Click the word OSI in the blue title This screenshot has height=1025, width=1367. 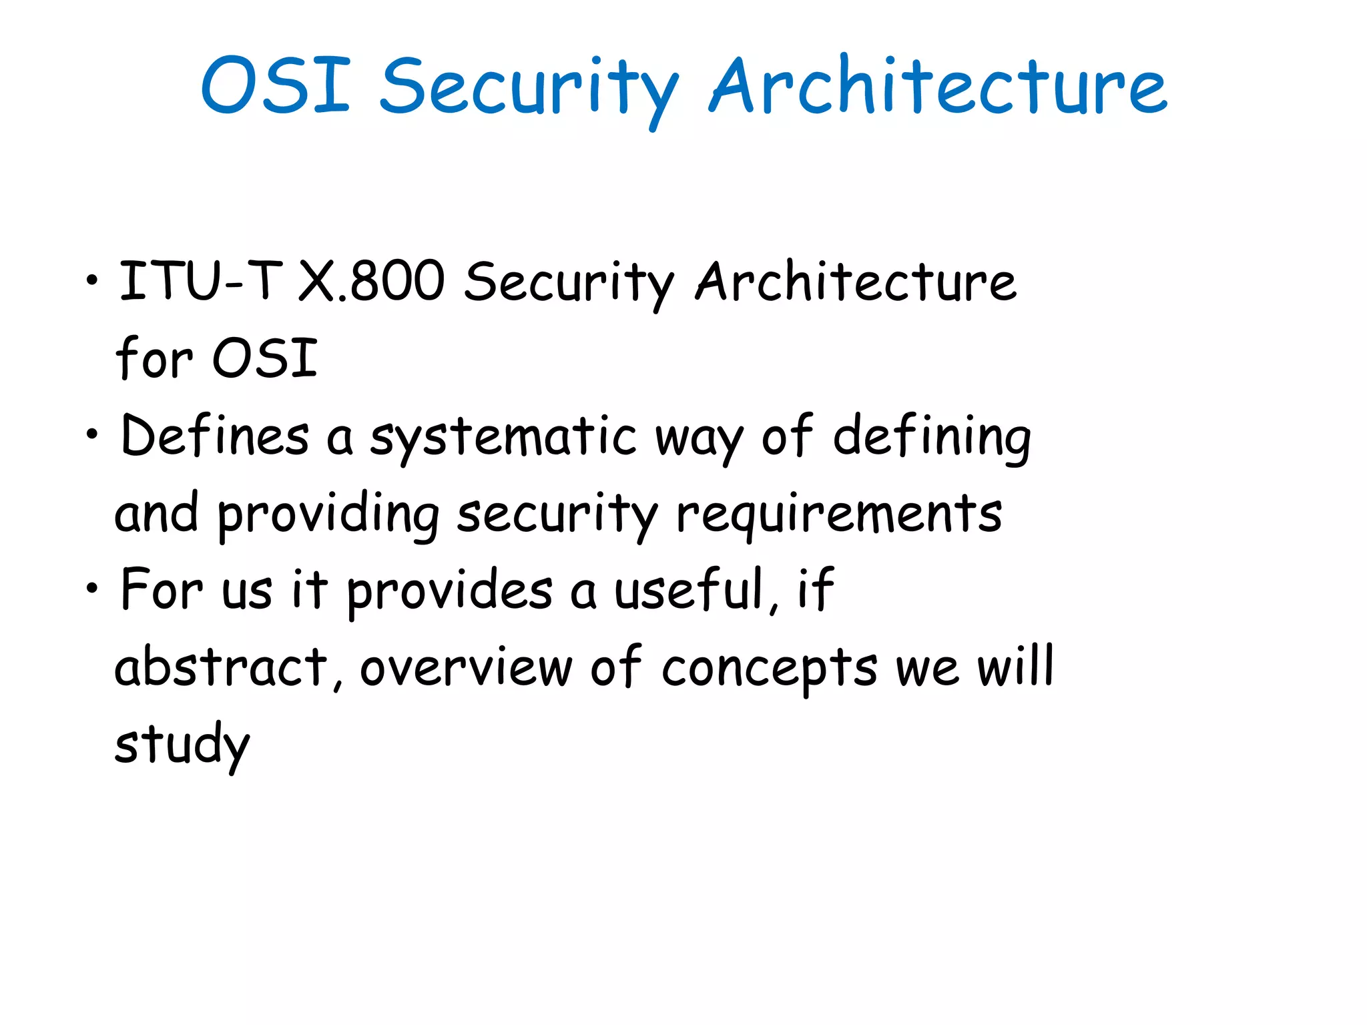276,85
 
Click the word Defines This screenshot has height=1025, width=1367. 214,435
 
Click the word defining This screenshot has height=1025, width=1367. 932,438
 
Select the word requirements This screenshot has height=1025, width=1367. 838,515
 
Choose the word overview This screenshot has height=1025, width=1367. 466,667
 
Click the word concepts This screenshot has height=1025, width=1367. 769,669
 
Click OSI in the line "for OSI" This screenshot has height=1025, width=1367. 264,358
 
